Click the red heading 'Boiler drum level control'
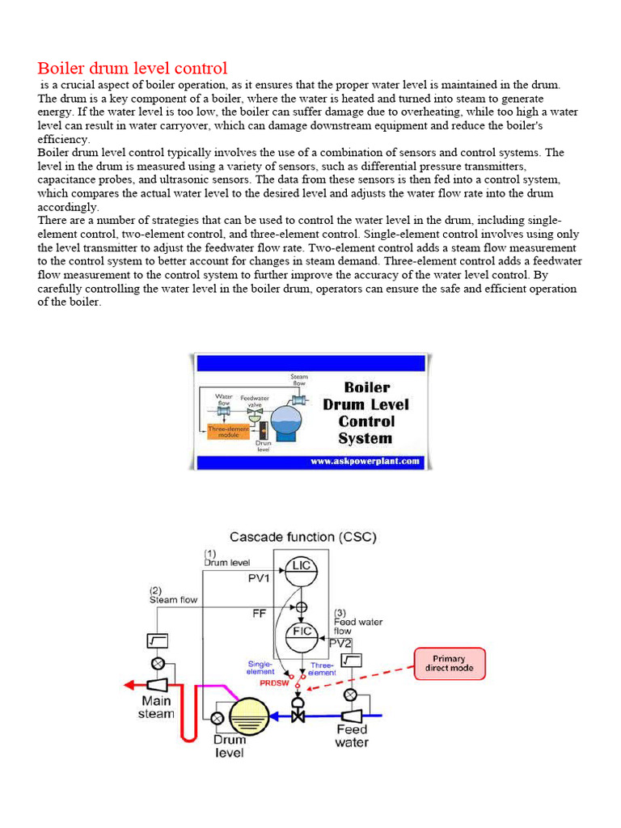133,68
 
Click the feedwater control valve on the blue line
298,715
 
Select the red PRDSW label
273,683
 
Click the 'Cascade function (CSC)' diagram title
303,536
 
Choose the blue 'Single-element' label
261,668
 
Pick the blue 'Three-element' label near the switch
322,668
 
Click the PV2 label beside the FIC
340,643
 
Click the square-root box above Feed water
350,661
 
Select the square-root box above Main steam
157,640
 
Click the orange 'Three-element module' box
229,431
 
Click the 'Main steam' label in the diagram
157,707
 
